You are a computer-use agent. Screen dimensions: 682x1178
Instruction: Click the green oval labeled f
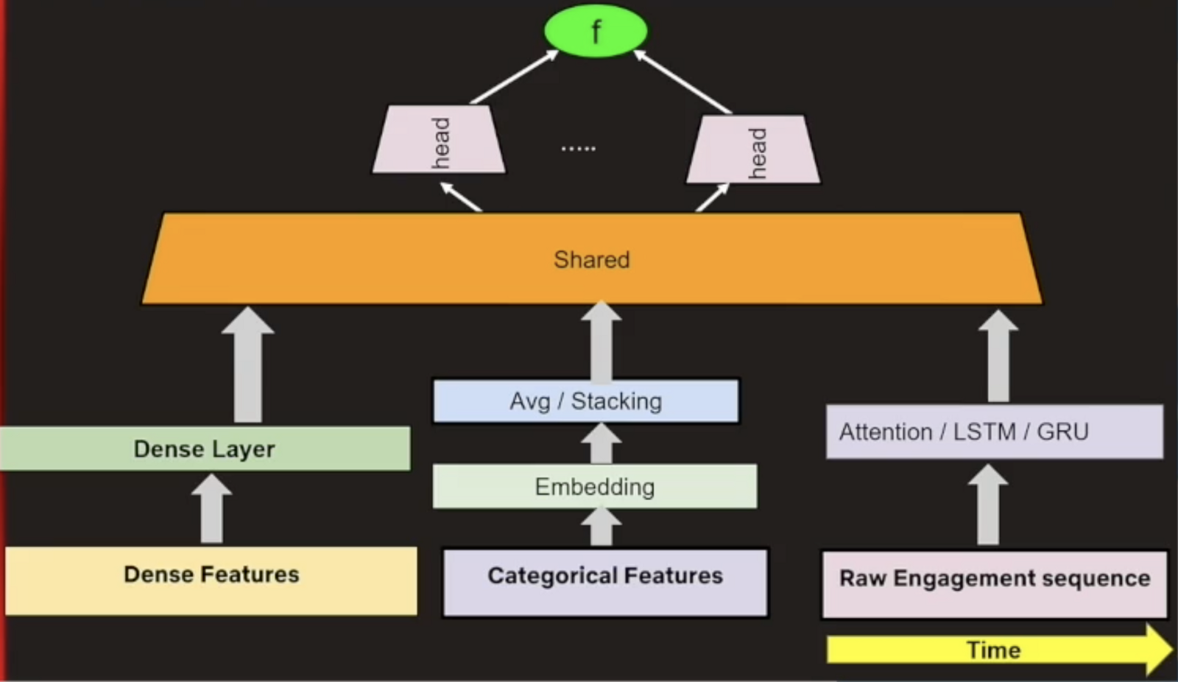[x=596, y=31]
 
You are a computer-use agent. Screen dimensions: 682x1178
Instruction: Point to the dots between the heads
[x=578, y=149]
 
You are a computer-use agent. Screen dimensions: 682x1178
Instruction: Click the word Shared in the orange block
[x=591, y=259]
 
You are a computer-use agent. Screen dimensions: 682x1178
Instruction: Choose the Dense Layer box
[x=205, y=449]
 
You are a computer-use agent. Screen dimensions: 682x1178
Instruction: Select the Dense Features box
[x=211, y=580]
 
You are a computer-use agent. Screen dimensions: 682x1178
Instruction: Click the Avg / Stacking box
[x=586, y=401]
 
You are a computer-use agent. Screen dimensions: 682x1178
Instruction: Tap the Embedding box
[x=594, y=486]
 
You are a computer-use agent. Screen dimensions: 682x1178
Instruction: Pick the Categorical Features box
[x=605, y=582]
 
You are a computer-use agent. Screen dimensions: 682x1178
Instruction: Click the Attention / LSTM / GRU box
[x=994, y=432]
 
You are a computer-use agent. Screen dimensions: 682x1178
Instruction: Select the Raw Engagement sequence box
[x=994, y=584]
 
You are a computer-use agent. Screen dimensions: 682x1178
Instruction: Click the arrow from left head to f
[x=515, y=76]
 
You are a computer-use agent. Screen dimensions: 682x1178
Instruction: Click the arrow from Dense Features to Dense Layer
[x=212, y=510]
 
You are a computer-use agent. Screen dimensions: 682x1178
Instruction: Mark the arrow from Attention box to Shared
[x=998, y=356]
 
